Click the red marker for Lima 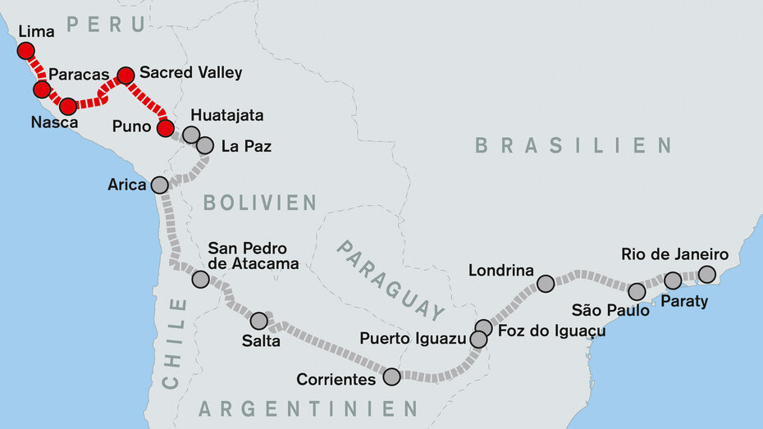(x=25, y=51)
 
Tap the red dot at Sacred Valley (x=126, y=75)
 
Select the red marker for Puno (x=165, y=127)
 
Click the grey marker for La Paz (x=205, y=145)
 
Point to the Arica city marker (x=159, y=185)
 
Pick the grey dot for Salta (x=258, y=321)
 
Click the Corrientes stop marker (x=391, y=377)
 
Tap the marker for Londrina (x=546, y=284)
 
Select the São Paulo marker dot (x=637, y=291)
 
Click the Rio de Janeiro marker (x=706, y=274)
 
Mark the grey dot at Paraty (x=673, y=281)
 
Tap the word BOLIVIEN (x=260, y=203)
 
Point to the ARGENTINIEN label (x=308, y=408)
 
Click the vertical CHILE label (x=174, y=343)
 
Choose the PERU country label (x=106, y=25)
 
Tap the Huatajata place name (x=226, y=116)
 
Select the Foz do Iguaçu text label (x=551, y=331)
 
